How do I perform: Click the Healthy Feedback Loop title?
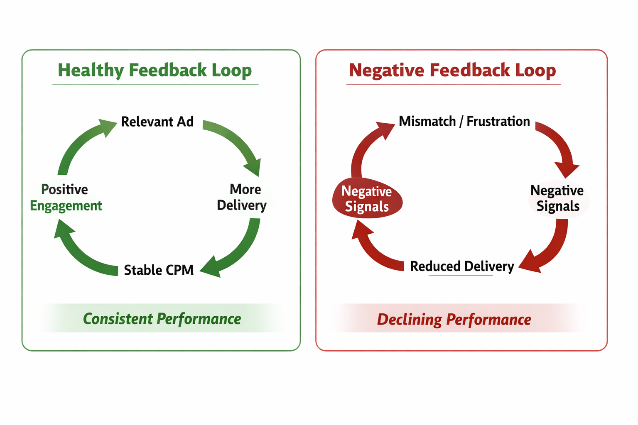coord(155,70)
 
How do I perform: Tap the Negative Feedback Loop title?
coord(452,70)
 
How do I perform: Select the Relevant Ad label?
coord(157,122)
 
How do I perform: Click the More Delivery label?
coord(243,197)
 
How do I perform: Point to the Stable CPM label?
coord(159,270)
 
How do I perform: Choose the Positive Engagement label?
coord(66,198)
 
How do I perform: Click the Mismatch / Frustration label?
coord(464,121)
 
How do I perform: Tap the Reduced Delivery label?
coord(462,266)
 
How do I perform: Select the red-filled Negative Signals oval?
coord(367,198)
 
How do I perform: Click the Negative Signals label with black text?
coord(557,198)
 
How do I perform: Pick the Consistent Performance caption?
coord(162,319)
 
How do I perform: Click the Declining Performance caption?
coord(454,320)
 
